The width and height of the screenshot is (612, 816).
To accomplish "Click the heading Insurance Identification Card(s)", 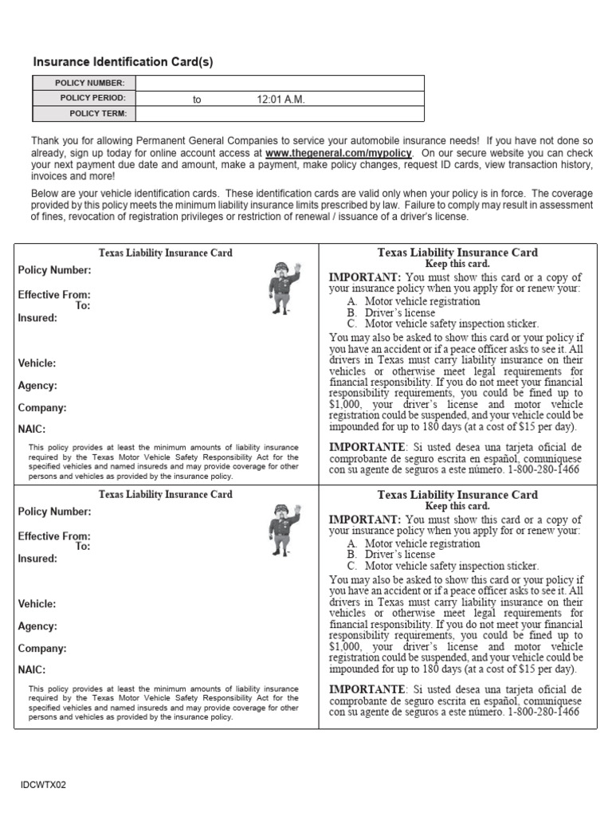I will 123,62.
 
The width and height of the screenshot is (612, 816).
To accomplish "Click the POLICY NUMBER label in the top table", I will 89,83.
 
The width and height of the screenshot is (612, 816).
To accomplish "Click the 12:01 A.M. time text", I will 280,100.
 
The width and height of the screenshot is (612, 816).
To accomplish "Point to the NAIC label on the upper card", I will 32,429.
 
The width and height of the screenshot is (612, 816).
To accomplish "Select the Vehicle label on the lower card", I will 37,604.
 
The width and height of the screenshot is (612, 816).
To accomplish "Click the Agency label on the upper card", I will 37,386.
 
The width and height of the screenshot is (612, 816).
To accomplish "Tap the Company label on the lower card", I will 41,649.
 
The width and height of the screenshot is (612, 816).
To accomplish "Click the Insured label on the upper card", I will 37,318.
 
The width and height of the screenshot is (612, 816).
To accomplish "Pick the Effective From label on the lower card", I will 54,535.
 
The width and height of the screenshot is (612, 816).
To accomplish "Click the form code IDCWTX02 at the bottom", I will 44,785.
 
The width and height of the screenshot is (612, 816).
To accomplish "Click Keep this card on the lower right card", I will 457,506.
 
